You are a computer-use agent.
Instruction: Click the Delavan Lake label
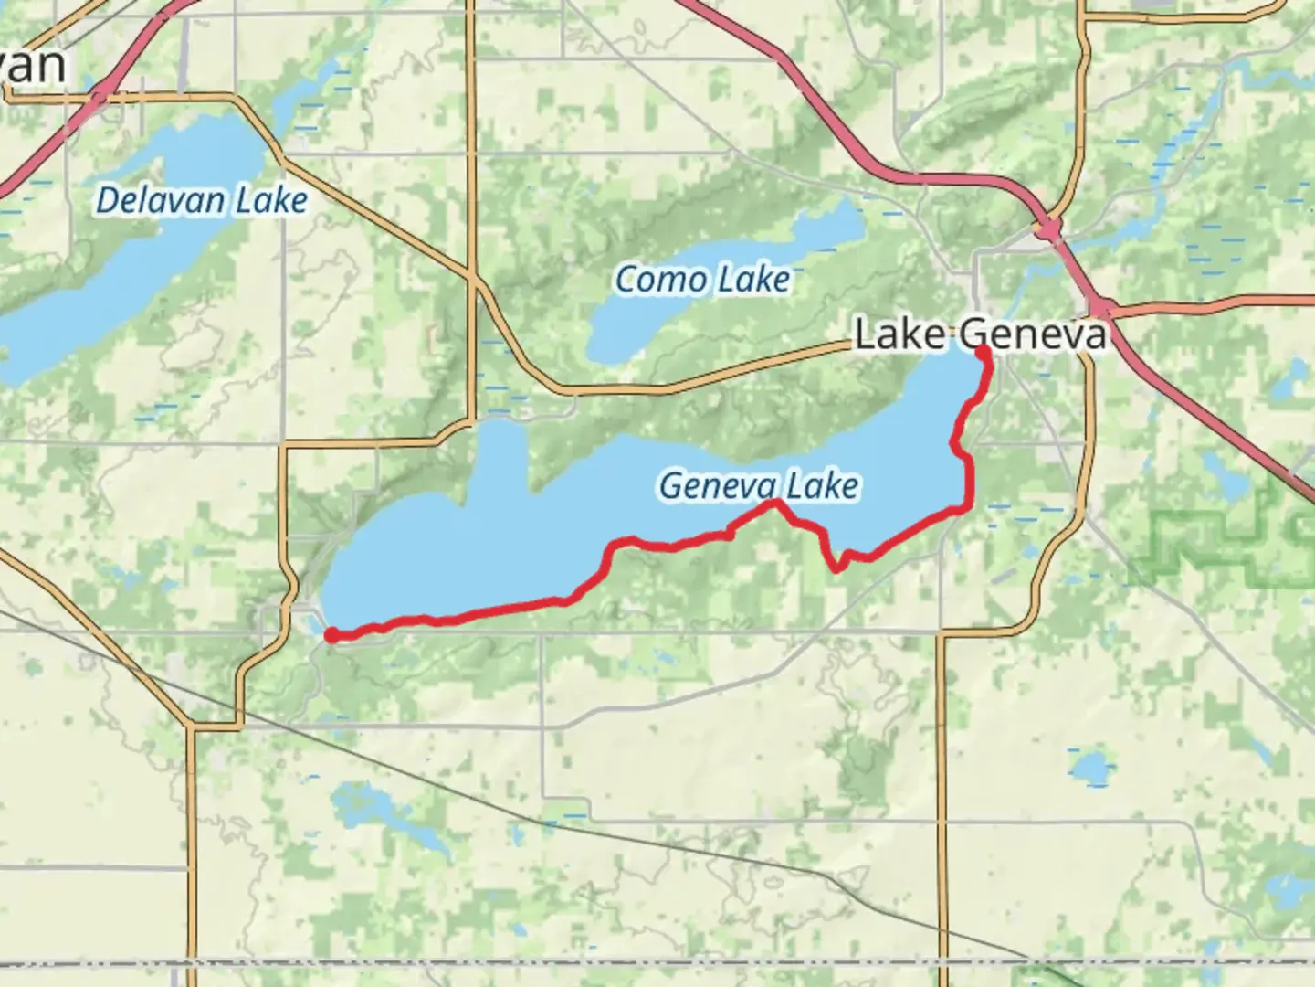coord(201,200)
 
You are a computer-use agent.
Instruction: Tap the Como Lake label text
coord(701,279)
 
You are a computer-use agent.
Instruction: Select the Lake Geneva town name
coord(980,334)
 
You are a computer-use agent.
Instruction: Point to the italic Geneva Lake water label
coord(758,485)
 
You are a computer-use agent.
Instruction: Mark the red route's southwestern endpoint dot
coord(331,636)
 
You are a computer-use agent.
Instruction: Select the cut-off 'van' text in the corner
coord(34,66)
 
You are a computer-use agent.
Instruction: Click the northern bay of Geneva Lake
coord(498,457)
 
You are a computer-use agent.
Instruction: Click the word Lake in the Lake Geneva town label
coord(900,334)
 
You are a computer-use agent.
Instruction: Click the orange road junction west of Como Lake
coord(471,274)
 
